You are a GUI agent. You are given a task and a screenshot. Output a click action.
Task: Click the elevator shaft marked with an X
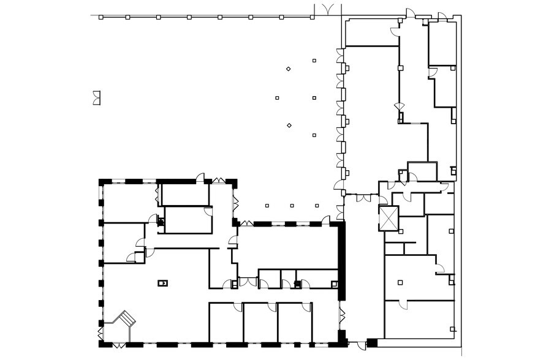tap(388, 219)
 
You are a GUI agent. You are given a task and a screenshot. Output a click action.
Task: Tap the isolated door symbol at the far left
tap(96, 97)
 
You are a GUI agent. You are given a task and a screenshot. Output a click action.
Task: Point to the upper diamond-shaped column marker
tap(288, 69)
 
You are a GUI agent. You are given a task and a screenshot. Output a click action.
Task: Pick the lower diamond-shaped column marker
tap(289, 126)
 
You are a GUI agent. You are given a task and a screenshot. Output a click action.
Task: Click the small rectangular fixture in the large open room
tap(162, 282)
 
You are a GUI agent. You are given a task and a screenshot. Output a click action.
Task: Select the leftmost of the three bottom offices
tap(225, 321)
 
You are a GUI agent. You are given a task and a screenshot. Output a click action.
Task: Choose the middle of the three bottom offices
tap(260, 321)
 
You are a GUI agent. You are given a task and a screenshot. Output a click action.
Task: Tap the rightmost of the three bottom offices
tap(295, 321)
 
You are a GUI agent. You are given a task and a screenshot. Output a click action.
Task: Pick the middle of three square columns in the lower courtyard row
tap(292, 206)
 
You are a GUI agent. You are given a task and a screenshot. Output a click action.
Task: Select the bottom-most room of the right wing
tap(420, 318)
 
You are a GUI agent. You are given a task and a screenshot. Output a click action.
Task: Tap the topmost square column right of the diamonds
tap(314, 60)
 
